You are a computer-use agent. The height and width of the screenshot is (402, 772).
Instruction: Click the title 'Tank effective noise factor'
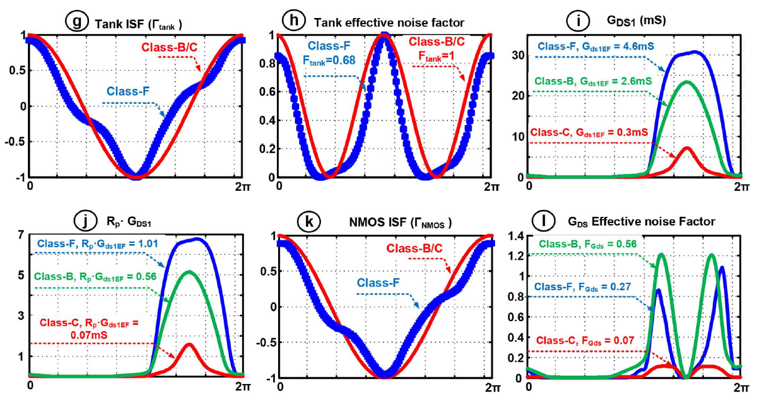[381, 22]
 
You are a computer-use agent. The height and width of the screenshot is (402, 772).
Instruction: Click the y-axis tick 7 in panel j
[21, 235]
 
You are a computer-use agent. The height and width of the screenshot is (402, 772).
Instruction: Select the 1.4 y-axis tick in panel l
[514, 235]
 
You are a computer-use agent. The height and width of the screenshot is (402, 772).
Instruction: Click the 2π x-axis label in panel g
[242, 186]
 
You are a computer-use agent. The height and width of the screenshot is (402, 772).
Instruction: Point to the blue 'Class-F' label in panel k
[377, 283]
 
